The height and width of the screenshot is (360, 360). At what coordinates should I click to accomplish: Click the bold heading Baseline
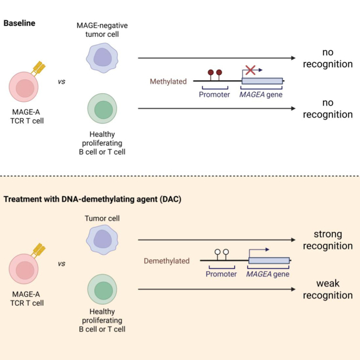20,23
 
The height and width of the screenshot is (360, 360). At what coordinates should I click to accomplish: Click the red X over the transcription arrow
250,70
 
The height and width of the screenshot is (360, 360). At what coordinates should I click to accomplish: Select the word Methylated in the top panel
168,81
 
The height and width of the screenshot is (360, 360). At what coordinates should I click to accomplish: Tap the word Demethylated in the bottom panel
166,261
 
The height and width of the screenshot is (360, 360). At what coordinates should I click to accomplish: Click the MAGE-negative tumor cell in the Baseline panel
102,58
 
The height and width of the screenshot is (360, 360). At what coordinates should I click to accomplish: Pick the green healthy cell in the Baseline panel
102,108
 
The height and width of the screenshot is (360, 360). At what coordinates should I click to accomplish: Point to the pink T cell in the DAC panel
24,268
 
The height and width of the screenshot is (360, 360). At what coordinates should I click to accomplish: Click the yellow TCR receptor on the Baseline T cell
39,68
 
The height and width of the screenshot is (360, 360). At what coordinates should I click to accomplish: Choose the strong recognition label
328,240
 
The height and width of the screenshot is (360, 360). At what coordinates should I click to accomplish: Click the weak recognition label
328,290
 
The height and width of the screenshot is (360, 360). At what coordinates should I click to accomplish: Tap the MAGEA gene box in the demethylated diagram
269,260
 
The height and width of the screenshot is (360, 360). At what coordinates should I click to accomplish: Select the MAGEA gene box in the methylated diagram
262,81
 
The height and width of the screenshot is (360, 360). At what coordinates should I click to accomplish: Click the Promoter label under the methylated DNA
215,94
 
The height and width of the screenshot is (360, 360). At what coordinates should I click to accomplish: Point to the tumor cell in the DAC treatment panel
102,240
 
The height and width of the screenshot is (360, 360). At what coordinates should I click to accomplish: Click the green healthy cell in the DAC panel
102,290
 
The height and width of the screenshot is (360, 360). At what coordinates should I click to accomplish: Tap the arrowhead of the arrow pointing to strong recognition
293,240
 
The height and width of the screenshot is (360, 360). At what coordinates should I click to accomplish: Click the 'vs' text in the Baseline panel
61,82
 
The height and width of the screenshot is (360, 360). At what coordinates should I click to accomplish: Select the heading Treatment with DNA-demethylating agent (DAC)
93,199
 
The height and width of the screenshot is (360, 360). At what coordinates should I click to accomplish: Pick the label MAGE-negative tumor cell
102,30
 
